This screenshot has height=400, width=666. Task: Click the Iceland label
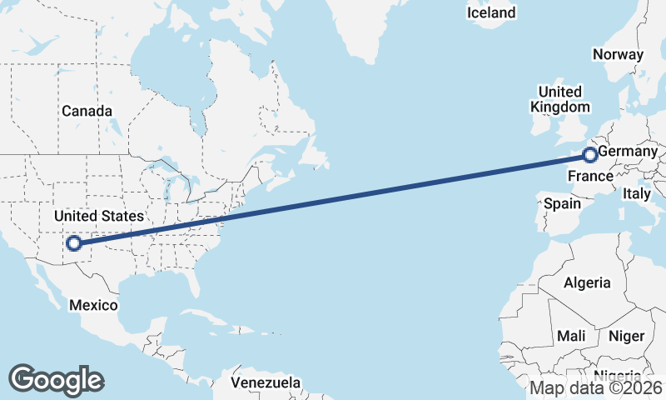tap(490, 12)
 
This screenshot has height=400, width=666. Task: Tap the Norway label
tap(618, 54)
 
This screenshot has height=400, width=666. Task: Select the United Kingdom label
tap(560, 98)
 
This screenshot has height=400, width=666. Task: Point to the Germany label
tap(628, 152)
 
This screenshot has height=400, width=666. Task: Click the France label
tap(590, 177)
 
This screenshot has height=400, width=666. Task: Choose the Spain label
tap(562, 203)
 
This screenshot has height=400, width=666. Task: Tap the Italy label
tap(637, 193)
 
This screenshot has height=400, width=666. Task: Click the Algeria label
tap(587, 283)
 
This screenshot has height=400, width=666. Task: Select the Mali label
tap(571, 336)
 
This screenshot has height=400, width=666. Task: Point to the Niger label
tap(626, 336)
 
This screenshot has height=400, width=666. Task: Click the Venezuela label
tap(266, 382)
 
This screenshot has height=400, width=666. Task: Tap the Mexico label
tap(92, 305)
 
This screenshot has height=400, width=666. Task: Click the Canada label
tap(86, 111)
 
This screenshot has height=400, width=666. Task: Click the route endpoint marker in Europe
tap(589, 154)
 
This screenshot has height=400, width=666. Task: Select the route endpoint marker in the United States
tap(74, 243)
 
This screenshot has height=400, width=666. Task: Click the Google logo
tap(56, 380)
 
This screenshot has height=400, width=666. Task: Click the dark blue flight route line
tap(333, 198)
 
